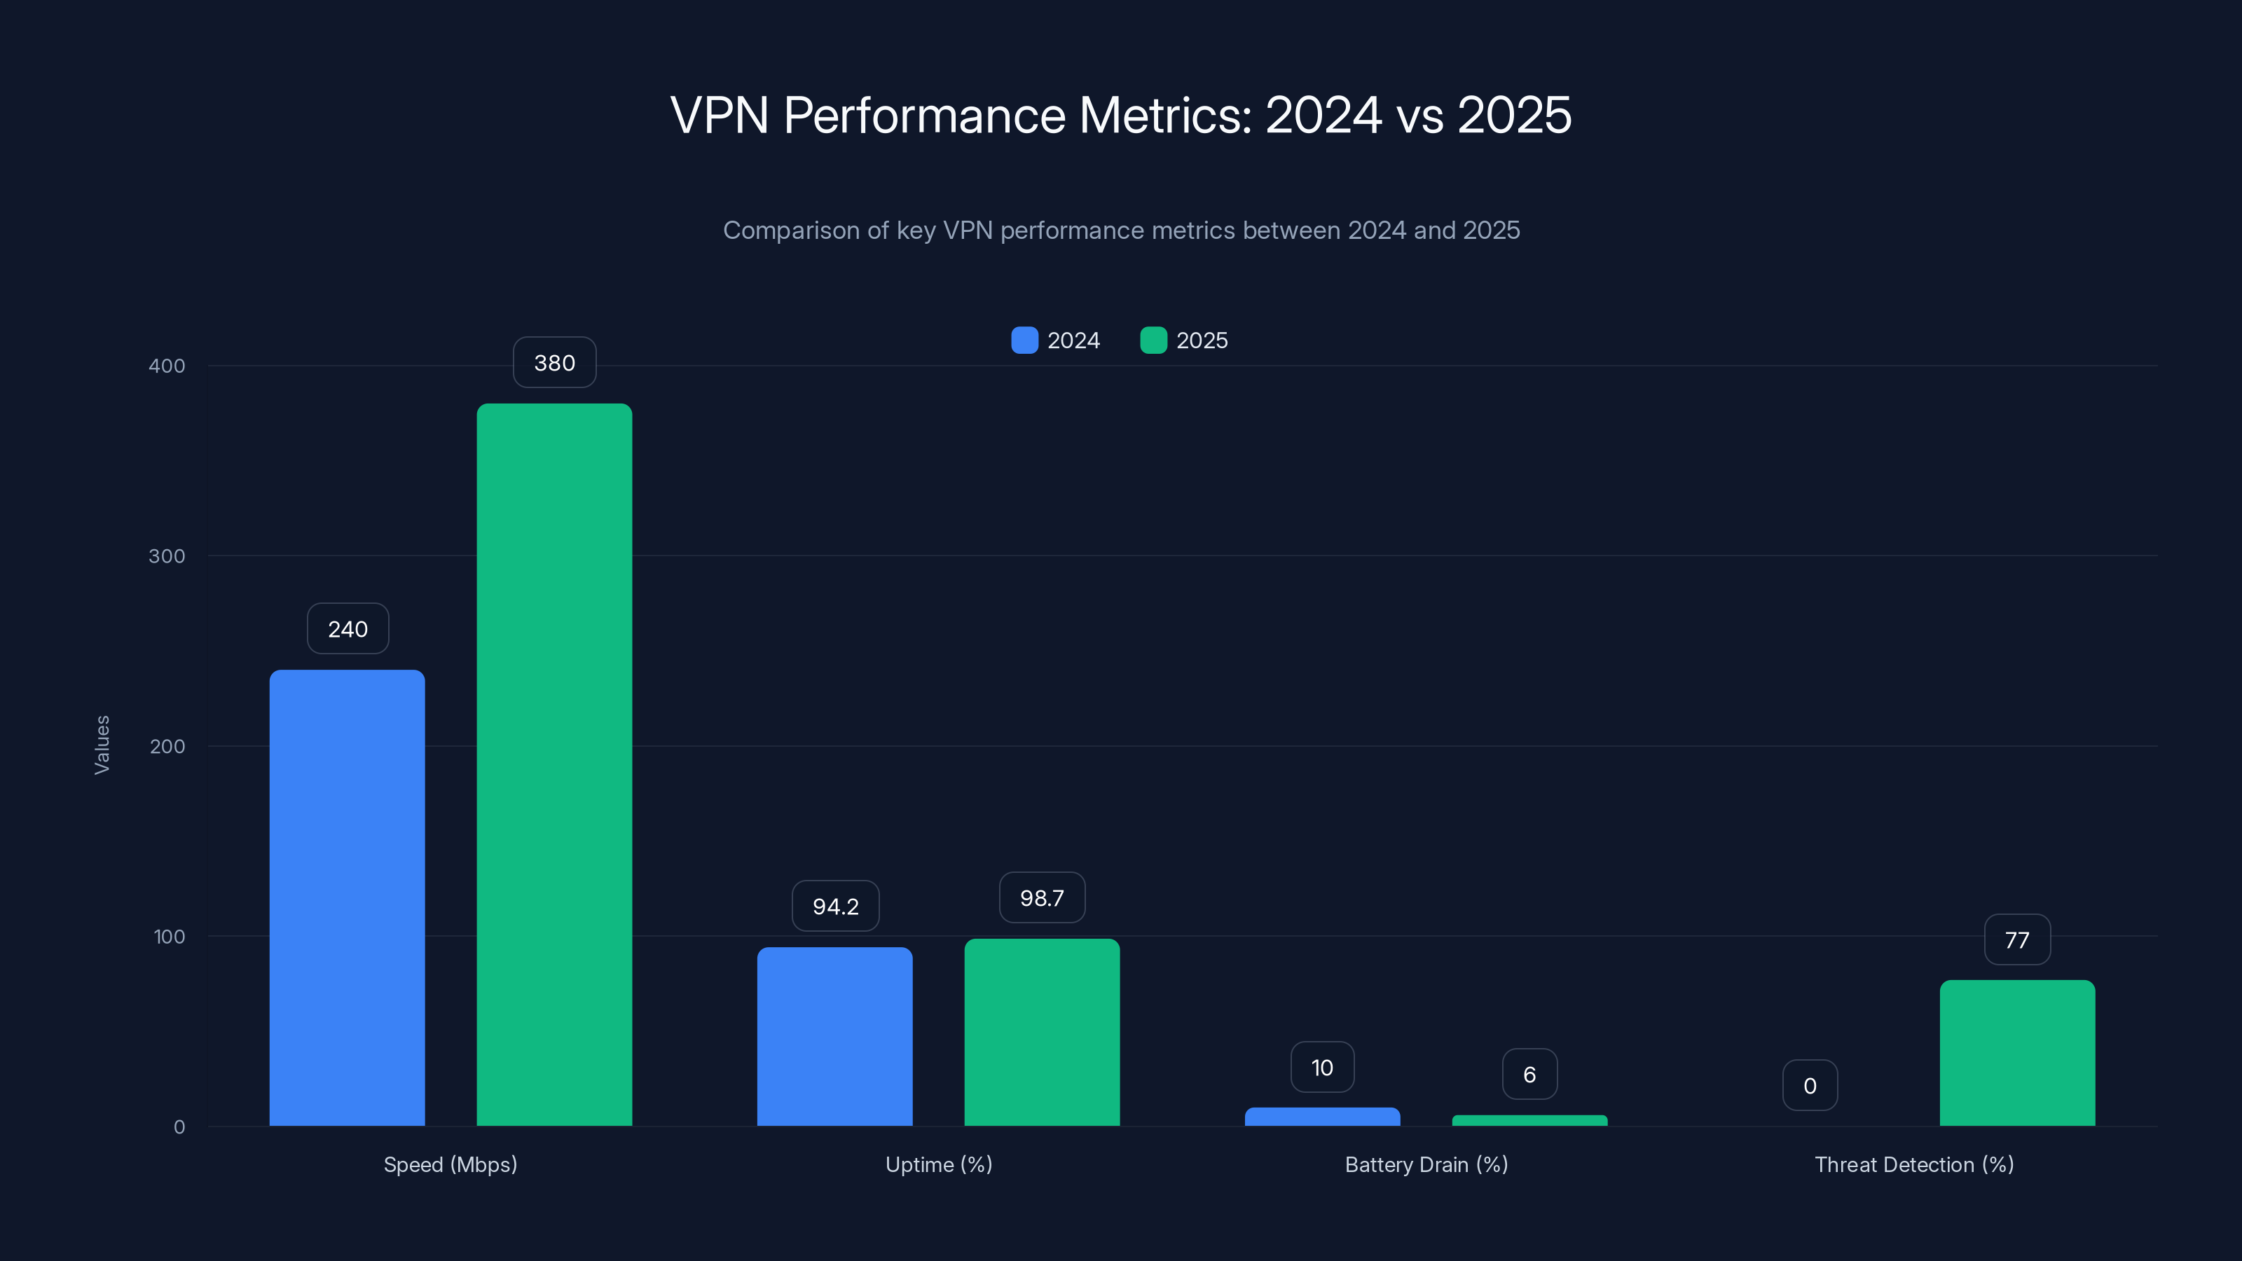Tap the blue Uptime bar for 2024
[x=834, y=1035]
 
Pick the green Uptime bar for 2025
[x=1042, y=1031]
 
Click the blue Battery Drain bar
[x=1322, y=1117]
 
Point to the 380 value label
[x=554, y=363]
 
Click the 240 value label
[x=348, y=629]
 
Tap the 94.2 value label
[x=834, y=907]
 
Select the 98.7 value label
[x=1042, y=898]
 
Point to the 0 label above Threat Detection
[x=1810, y=1086]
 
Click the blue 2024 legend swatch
[x=1024, y=340]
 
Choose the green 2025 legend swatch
[x=1153, y=340]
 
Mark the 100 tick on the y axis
[x=169, y=937]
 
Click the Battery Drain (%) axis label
[x=1426, y=1164]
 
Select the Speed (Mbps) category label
[x=450, y=1164]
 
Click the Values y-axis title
[x=102, y=745]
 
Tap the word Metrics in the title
[x=1164, y=115]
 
